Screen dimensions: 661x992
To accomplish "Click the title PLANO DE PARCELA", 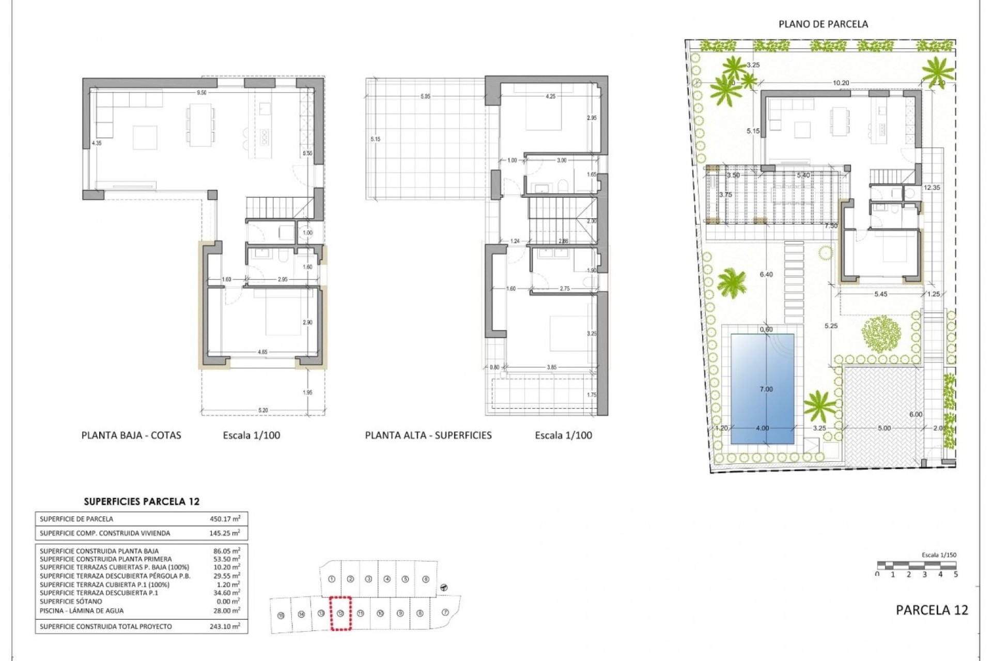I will [823, 24].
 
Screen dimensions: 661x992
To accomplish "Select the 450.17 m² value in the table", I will [226, 518].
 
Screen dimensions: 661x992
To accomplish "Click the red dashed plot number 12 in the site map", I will [340, 613].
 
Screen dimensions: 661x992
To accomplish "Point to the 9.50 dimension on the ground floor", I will [202, 93].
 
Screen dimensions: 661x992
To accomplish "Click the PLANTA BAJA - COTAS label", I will [131, 435].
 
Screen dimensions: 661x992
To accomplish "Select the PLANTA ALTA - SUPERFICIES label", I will [428, 435].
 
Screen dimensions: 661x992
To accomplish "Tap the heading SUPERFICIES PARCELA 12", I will [142, 501].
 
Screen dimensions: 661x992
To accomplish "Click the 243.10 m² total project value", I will [226, 626].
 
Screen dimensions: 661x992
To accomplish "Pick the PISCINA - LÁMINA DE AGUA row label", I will [82, 610].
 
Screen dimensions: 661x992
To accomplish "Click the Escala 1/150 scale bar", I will [917, 565].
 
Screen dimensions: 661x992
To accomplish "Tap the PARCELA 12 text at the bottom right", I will [932, 610].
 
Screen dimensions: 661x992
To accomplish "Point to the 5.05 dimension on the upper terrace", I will [425, 97].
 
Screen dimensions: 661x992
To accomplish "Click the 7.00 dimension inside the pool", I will [766, 389].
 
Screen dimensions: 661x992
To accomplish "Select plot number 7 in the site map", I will [445, 612].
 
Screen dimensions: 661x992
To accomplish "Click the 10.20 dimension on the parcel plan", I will [841, 83].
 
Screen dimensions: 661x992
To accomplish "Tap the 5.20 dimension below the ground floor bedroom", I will [263, 411].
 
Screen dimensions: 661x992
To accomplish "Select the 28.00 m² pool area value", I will [226, 610].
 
